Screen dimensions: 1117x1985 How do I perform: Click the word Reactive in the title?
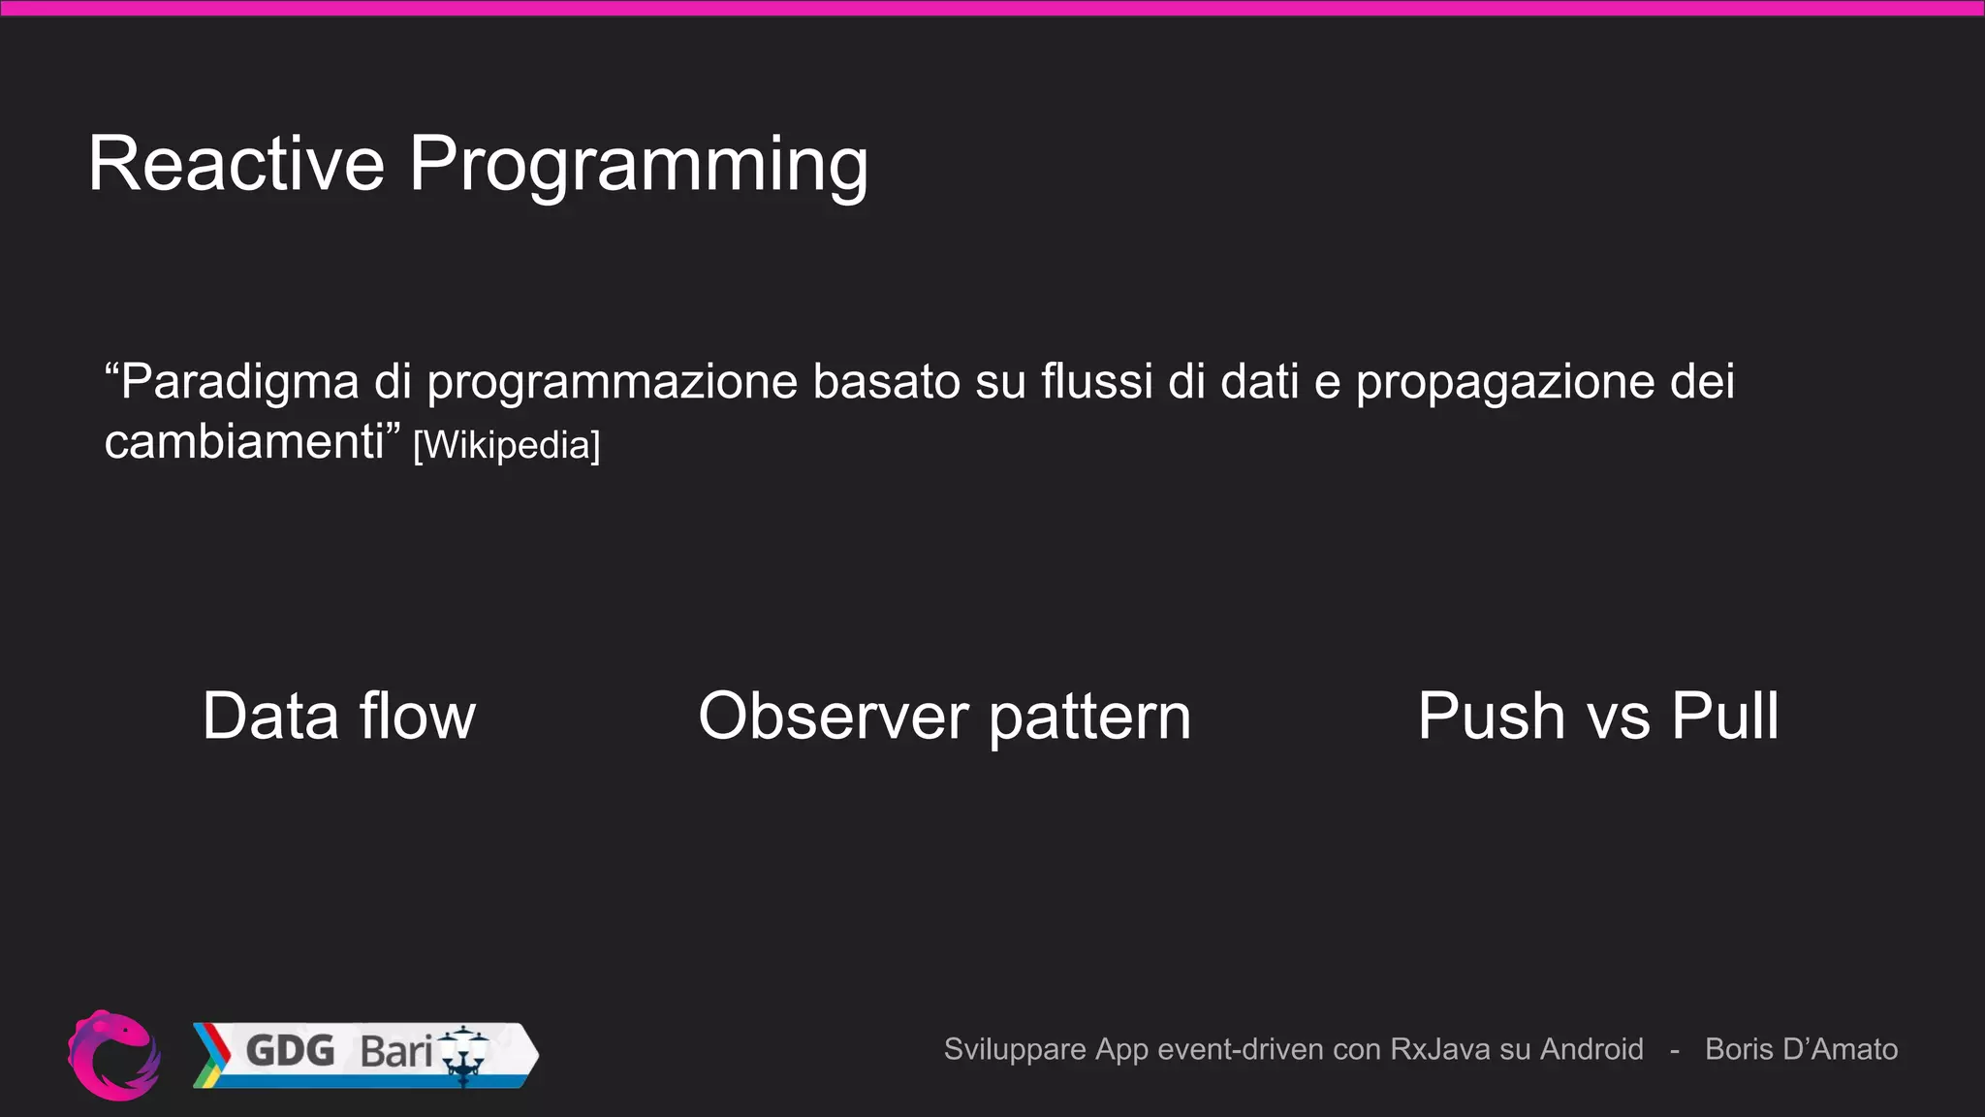pos(236,164)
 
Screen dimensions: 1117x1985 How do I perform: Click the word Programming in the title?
pos(638,167)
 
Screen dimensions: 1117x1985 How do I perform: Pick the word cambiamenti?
pos(244,442)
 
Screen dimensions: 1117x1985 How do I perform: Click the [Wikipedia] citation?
pos(507,445)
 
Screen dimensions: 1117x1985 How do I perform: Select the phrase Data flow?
pos(339,717)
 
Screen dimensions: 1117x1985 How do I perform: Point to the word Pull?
pos(1725,717)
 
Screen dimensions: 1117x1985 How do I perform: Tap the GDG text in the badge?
pos(290,1050)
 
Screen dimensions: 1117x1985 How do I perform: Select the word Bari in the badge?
pos(395,1051)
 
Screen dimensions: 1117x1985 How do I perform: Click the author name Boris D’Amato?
pos(1801,1049)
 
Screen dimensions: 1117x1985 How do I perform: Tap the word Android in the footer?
pos(1591,1049)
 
